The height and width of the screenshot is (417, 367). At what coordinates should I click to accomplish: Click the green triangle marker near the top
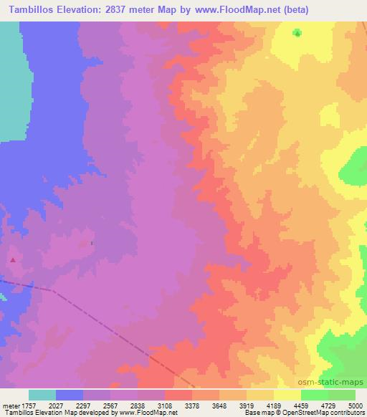297,33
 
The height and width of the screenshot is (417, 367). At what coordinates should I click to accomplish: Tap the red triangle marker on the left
12,259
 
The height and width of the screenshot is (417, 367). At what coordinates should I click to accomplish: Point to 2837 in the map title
122,9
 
